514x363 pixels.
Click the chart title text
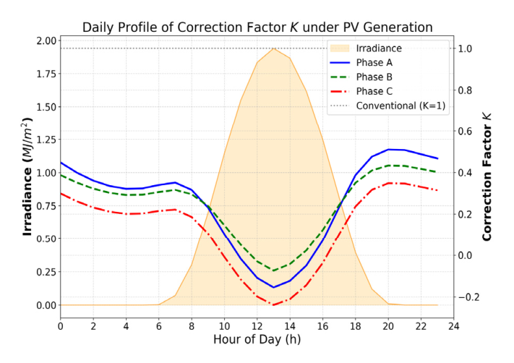(257, 27)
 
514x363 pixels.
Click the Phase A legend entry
(375, 63)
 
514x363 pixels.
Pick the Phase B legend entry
(375, 77)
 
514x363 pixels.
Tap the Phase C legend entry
(375, 92)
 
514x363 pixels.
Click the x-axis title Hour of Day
(257, 338)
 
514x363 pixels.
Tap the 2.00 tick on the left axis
(44, 41)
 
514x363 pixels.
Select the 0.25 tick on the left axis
(44, 272)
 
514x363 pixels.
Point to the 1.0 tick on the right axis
(467, 48)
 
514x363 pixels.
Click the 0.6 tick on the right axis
(467, 132)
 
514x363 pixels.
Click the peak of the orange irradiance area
(273, 48)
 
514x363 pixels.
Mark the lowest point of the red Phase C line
(273, 304)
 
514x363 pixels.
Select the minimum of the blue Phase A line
(273, 287)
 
